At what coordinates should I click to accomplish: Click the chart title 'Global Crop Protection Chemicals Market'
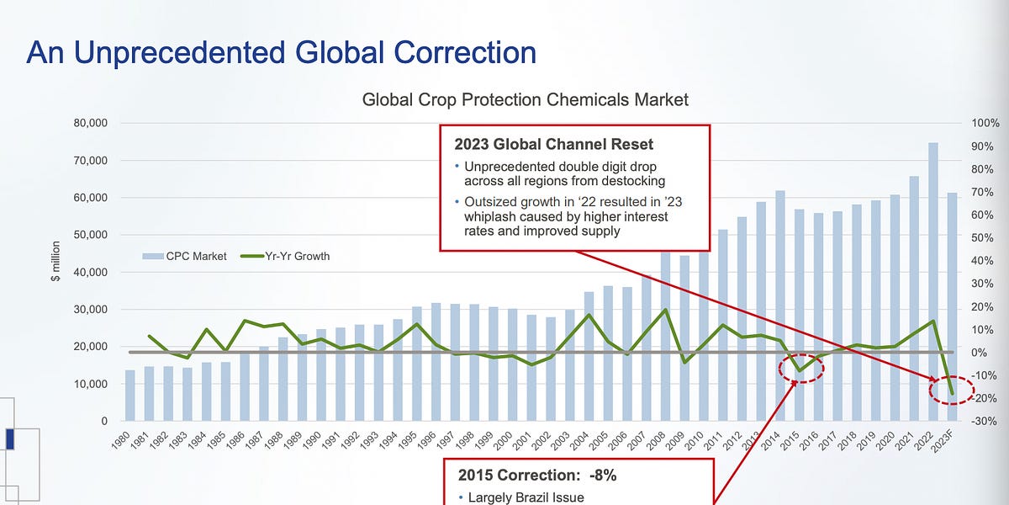[x=525, y=99]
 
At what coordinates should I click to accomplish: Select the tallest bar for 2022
[x=933, y=278]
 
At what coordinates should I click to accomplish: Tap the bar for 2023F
[x=952, y=307]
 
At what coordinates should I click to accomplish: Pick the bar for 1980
[x=129, y=396]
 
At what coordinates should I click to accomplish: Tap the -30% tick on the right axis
[x=983, y=421]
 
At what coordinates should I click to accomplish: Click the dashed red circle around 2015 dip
[x=799, y=369]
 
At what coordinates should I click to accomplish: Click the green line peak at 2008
[x=666, y=310]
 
